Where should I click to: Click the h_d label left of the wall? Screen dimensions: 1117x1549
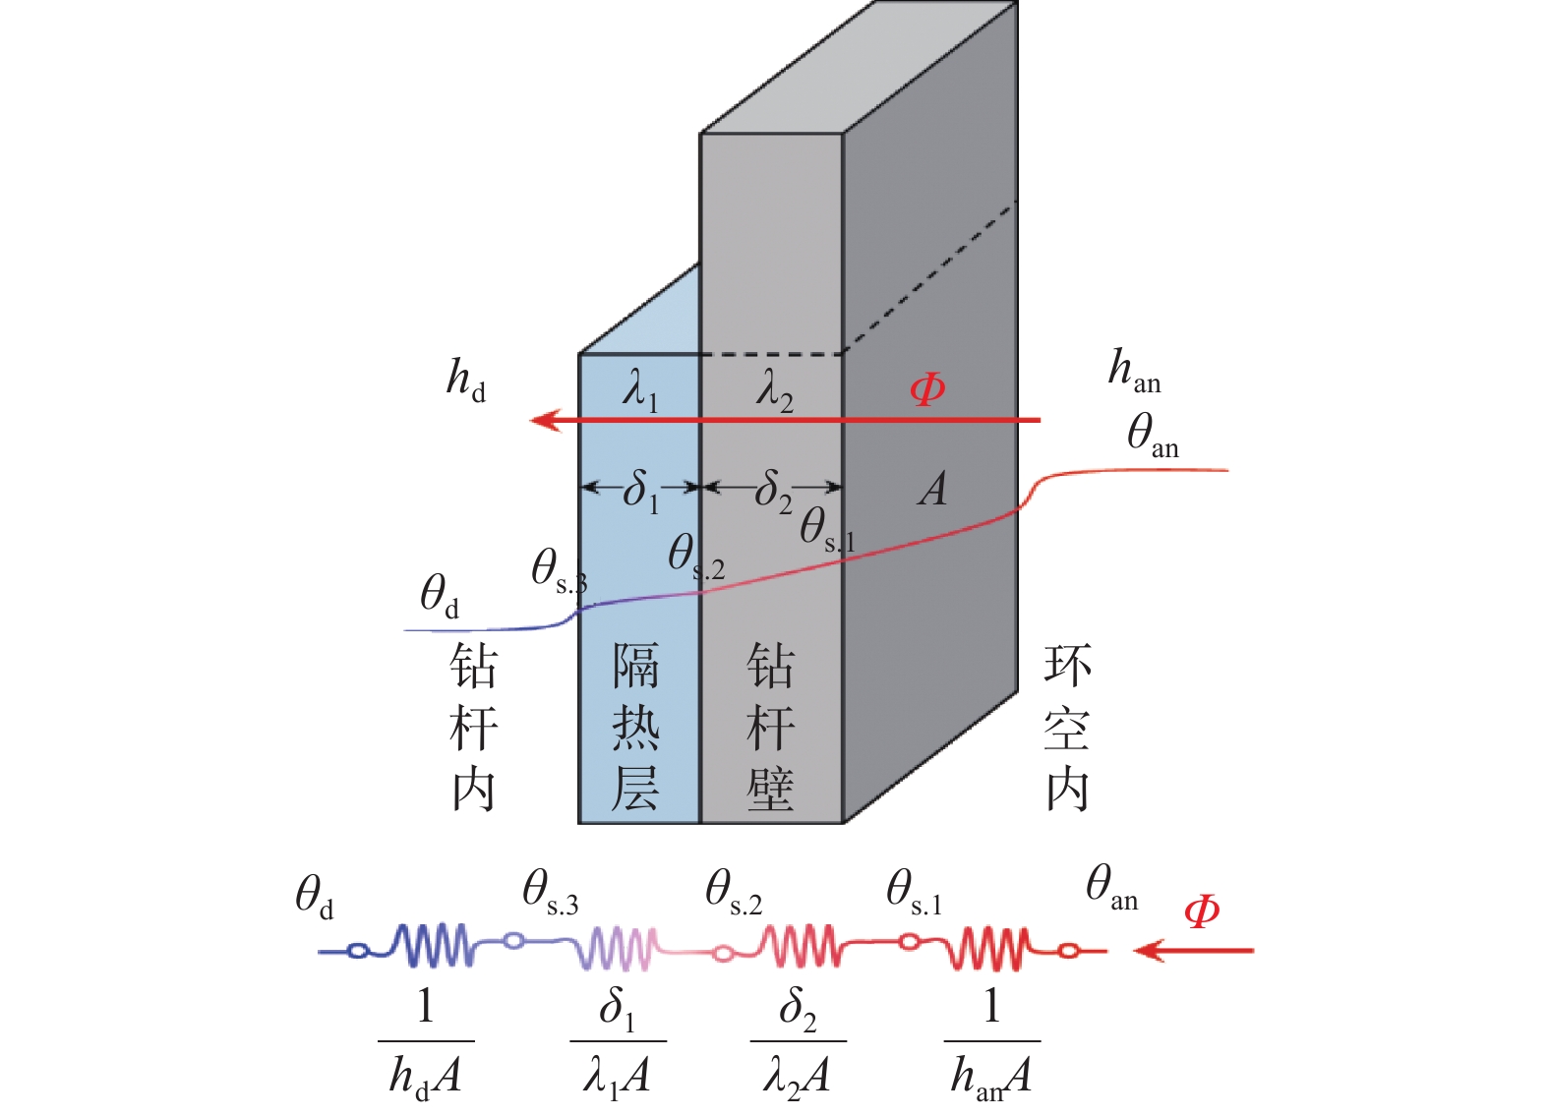[x=466, y=380]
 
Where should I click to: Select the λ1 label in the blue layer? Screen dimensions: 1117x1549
[x=639, y=390]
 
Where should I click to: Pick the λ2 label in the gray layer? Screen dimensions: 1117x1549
[x=774, y=390]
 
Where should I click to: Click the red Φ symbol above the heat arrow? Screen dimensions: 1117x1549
[x=927, y=390]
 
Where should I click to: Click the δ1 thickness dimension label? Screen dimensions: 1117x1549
[x=640, y=489]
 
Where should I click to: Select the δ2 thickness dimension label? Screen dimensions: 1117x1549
[x=773, y=489]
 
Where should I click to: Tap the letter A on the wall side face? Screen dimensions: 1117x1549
[x=933, y=489]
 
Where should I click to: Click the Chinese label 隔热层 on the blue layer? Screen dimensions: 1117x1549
[x=635, y=728]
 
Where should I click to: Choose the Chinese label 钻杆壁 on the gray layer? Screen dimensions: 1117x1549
[x=770, y=728]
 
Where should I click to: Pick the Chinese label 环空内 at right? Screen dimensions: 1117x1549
[x=1067, y=728]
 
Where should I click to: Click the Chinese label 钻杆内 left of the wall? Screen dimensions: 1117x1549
[x=473, y=728]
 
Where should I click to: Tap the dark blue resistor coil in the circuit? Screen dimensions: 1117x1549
[x=433, y=946]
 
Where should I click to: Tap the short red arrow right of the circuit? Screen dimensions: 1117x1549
[x=1193, y=951]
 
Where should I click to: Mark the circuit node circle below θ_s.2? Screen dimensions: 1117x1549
[x=723, y=953]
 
